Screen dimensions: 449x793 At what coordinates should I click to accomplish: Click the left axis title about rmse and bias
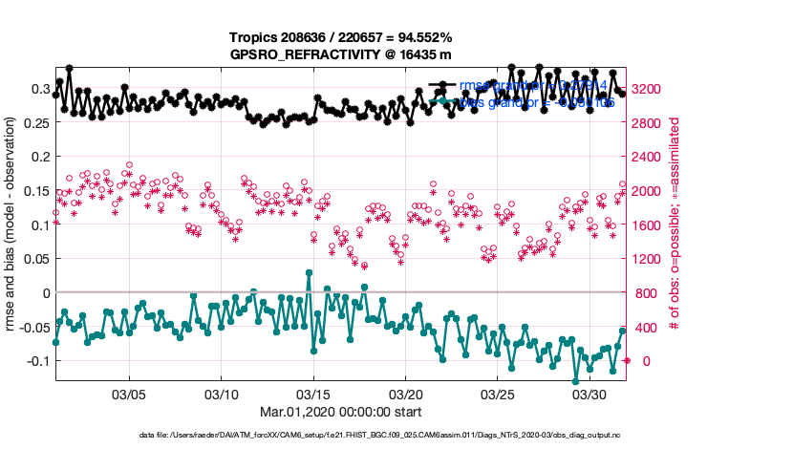11,225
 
